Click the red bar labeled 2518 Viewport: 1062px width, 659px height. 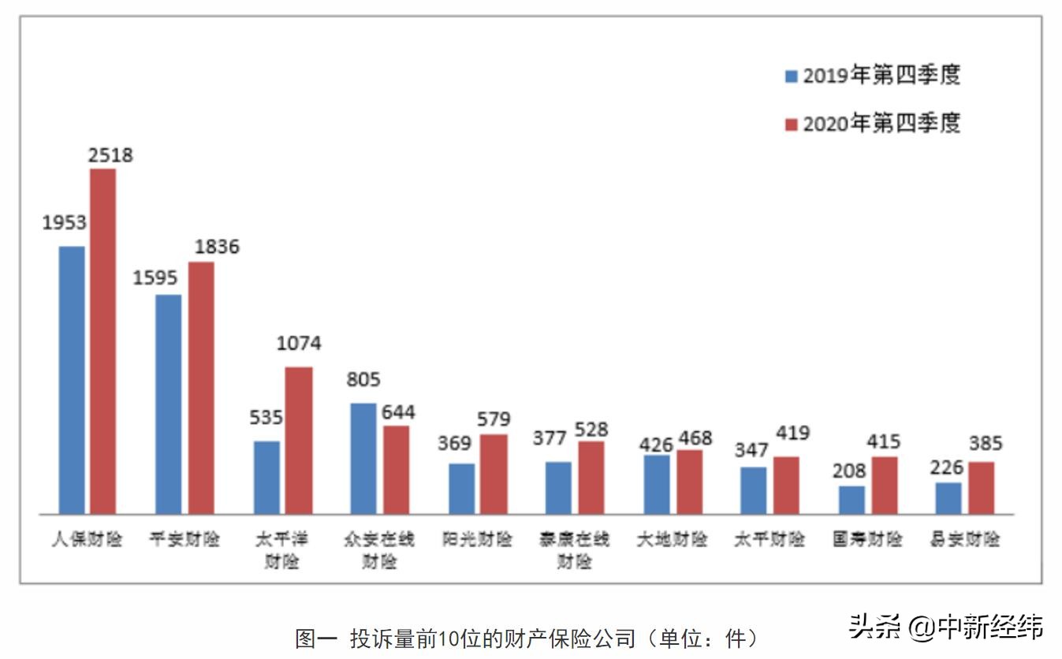click(102, 341)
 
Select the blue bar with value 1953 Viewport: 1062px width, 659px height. click(71, 379)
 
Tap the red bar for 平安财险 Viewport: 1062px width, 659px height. click(201, 387)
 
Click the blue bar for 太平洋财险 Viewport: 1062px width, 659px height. click(266, 477)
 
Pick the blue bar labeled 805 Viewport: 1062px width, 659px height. click(363, 458)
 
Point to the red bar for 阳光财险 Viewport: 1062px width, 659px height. click(494, 474)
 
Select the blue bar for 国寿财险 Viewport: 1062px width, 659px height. click(851, 500)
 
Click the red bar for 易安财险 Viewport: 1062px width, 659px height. click(982, 487)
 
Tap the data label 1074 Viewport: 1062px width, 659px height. click(299, 344)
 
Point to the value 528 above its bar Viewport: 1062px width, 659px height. click(591, 429)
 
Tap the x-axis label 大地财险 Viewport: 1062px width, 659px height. click(673, 540)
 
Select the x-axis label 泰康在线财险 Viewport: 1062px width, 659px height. click(575, 550)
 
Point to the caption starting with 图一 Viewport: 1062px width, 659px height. click(527, 638)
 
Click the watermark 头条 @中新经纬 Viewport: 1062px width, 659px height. click(945, 627)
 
